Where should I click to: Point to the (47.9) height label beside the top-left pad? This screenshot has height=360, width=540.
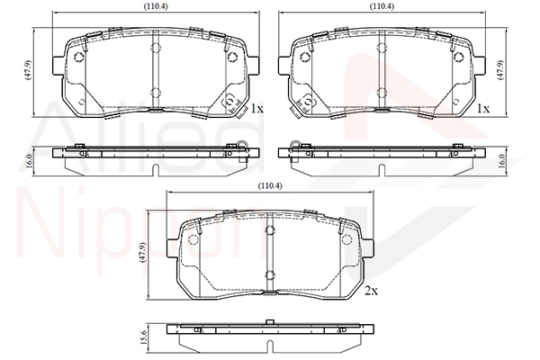click(28, 70)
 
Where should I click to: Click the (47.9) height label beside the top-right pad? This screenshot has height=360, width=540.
click(501, 70)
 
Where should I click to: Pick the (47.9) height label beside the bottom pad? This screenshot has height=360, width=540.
click(142, 253)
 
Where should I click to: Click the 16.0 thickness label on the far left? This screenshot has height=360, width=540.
click(29, 161)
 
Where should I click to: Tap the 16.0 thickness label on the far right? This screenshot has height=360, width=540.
click(501, 161)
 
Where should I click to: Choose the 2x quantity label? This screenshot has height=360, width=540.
click(371, 291)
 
